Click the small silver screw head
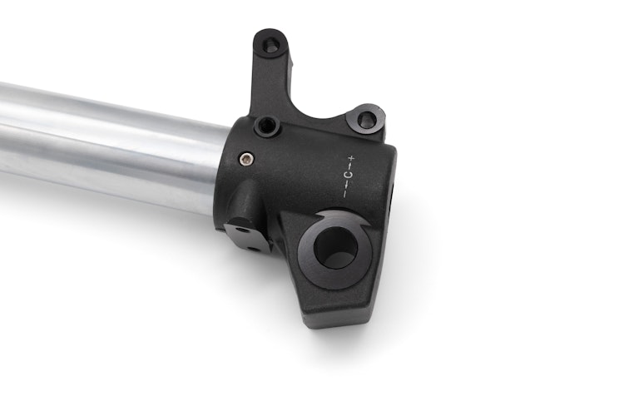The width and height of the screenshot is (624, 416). [245, 158]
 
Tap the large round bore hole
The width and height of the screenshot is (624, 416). [335, 247]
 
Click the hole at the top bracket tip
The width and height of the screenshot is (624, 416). [271, 44]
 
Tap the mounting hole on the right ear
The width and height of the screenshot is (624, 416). [366, 118]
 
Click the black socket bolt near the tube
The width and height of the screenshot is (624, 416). [266, 126]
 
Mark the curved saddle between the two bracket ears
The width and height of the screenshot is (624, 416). [320, 116]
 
